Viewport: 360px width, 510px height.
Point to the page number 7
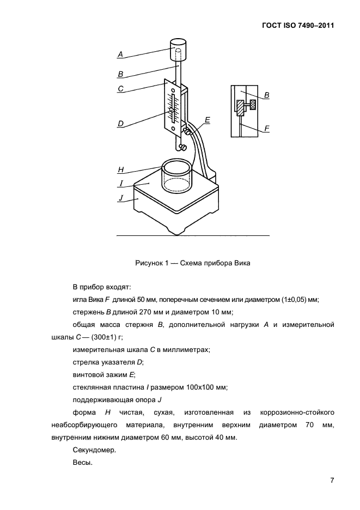point(332,480)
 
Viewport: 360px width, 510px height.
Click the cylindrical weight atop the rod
point(179,50)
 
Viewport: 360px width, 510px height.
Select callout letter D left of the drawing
point(120,124)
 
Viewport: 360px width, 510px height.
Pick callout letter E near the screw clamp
point(208,119)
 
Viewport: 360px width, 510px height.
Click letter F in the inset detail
point(266,129)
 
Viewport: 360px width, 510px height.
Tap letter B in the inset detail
point(266,95)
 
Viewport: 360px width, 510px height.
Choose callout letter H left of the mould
point(120,170)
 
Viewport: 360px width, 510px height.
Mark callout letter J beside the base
point(120,199)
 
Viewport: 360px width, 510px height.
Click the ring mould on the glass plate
point(177,175)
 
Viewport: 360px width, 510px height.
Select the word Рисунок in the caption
point(150,263)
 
